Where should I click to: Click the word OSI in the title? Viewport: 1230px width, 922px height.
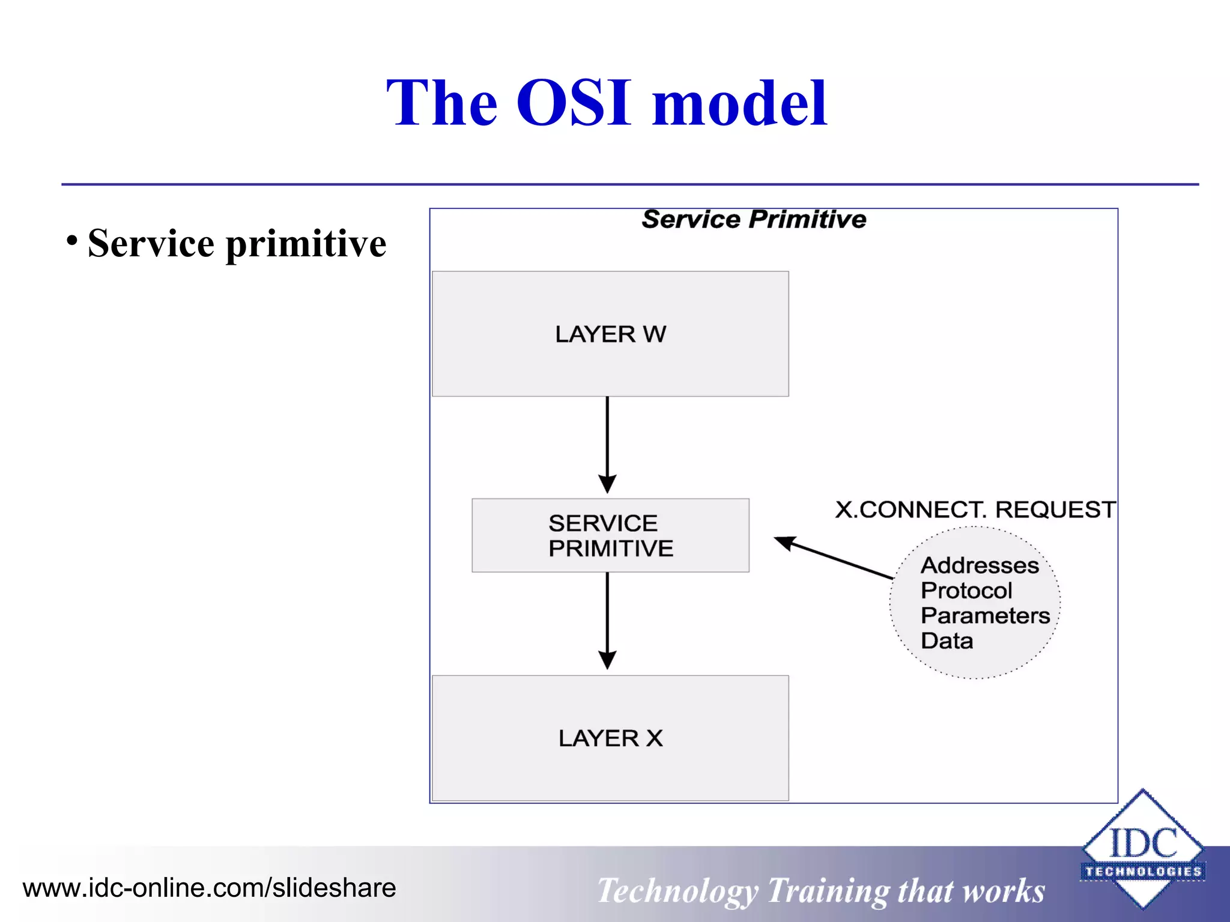coord(574,103)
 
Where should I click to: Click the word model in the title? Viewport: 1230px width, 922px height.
coord(739,103)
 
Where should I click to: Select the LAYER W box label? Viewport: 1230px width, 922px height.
coord(610,334)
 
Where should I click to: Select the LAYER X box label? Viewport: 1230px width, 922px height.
coord(610,738)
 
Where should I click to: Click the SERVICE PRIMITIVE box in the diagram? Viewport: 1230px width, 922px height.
coord(610,535)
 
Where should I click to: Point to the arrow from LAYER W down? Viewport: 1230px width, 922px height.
coord(607,444)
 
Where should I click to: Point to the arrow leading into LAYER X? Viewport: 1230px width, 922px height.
coord(607,621)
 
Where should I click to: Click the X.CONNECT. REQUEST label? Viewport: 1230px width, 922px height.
coord(975,510)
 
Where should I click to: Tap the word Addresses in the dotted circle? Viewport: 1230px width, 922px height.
coord(980,565)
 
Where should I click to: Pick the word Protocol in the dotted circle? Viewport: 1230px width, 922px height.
coord(966,591)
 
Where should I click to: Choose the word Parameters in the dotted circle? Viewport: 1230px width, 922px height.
coord(985,616)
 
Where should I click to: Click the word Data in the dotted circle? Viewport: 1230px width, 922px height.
coord(947,641)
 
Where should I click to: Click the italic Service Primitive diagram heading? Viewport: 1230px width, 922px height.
coord(754,220)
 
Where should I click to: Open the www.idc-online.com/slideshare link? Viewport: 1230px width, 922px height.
coord(209,888)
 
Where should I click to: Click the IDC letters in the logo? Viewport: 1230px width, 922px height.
coord(1143,843)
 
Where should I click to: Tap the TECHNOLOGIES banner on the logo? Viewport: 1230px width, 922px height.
coord(1143,872)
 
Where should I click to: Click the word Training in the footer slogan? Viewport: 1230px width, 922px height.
coord(828,891)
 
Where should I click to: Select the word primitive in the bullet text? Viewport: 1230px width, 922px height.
coord(306,244)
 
